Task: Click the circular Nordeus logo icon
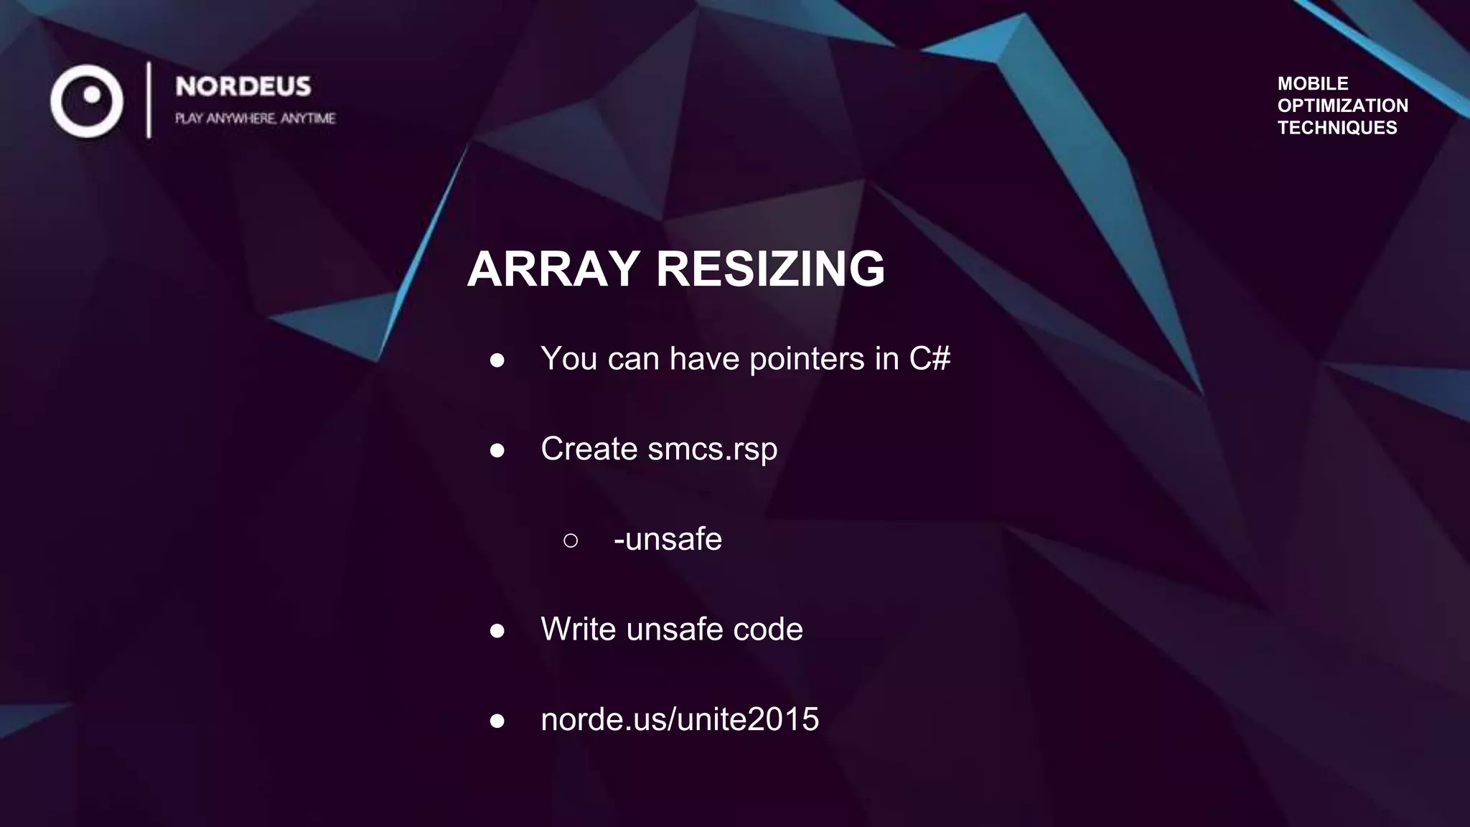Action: point(87,101)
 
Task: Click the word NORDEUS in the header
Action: point(243,87)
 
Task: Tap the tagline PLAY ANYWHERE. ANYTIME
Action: point(255,118)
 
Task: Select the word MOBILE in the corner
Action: point(1313,83)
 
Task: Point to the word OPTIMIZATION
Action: point(1342,106)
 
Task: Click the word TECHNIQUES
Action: point(1337,128)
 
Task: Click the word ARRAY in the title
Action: point(553,269)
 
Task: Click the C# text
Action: point(930,358)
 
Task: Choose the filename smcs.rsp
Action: point(712,449)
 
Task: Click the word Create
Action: point(589,449)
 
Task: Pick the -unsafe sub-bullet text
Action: point(668,539)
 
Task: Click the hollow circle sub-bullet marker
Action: point(571,541)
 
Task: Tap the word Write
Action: point(578,629)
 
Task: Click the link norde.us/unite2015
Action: point(679,719)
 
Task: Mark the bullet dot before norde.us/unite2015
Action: point(497,721)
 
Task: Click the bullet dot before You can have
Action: point(497,360)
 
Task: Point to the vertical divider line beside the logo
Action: point(149,100)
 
